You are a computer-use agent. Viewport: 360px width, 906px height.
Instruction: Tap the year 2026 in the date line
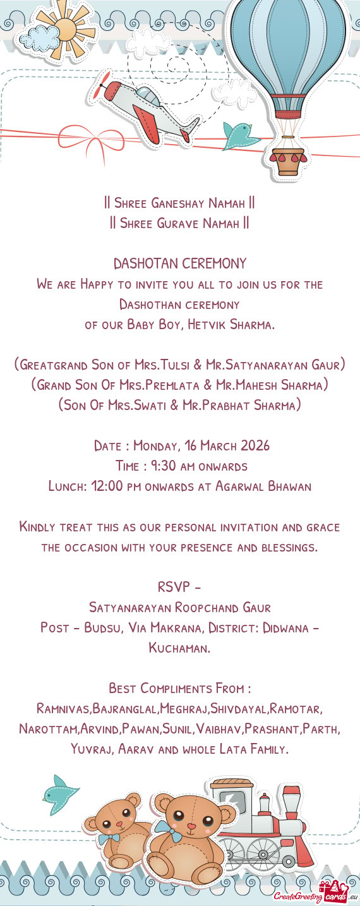click(x=251, y=446)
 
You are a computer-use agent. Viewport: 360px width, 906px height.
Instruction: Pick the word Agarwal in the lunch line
click(x=239, y=486)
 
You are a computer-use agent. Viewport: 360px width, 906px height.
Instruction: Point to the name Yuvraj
click(x=92, y=749)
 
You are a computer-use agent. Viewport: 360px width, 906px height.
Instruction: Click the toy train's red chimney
click(x=291, y=806)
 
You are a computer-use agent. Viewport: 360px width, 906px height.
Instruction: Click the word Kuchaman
click(x=179, y=648)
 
